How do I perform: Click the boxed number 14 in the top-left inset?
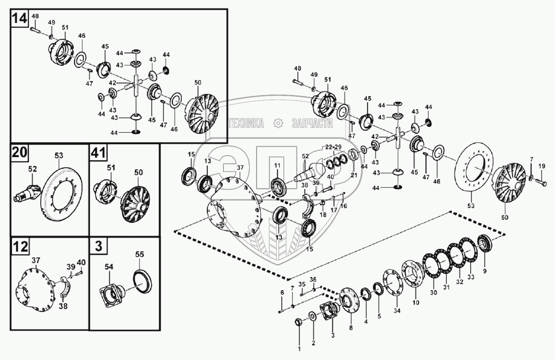click(x=19, y=19)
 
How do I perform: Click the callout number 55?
click(x=140, y=255)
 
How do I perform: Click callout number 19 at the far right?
click(x=542, y=166)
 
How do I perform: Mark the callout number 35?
click(x=302, y=284)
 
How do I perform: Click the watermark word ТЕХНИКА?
click(x=246, y=123)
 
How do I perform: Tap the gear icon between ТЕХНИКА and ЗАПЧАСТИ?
click(x=278, y=123)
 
